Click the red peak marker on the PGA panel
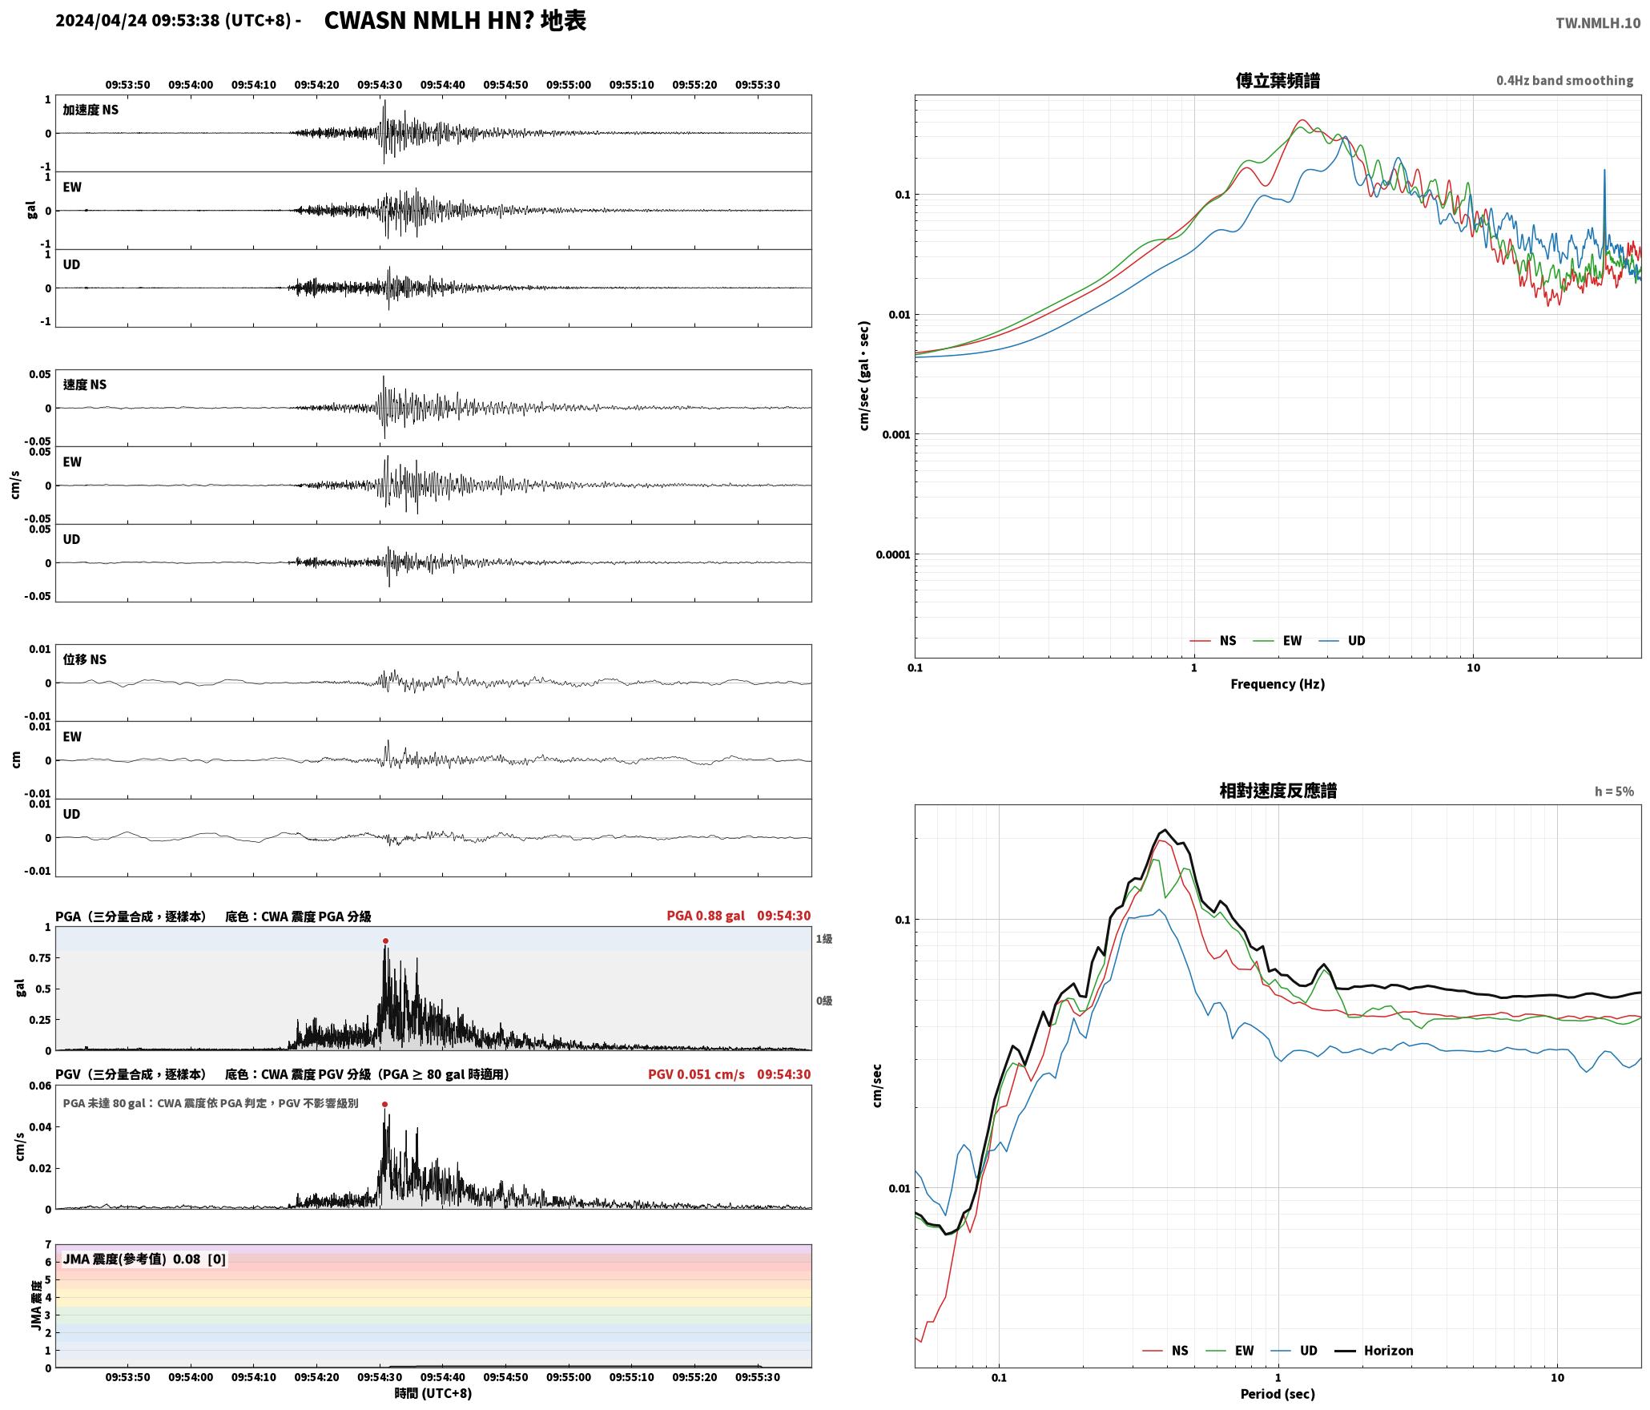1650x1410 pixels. pos(385,941)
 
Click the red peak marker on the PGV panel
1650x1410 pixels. pos(385,1104)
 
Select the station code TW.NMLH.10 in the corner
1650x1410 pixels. pos(1598,23)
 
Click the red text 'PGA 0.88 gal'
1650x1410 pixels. pos(706,916)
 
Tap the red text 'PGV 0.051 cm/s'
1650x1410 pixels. pos(696,1074)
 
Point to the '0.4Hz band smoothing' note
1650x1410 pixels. pos(1564,81)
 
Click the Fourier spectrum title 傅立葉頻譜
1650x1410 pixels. pos(1278,80)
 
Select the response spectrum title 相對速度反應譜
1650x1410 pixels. pos(1278,791)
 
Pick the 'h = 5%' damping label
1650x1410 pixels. pos(1614,792)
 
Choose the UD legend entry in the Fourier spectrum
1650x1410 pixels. pos(1342,641)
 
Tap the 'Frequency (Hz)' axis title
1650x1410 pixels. pos(1278,684)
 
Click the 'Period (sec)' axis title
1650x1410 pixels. pos(1278,1394)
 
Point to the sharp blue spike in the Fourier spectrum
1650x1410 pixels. pos(1604,171)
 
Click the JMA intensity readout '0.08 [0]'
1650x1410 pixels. pos(199,1259)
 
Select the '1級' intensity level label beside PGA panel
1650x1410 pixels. pos(824,939)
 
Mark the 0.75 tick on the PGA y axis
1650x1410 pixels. pos(41,958)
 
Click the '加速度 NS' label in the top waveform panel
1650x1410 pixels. pos(91,110)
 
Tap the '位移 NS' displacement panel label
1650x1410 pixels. pos(85,659)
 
